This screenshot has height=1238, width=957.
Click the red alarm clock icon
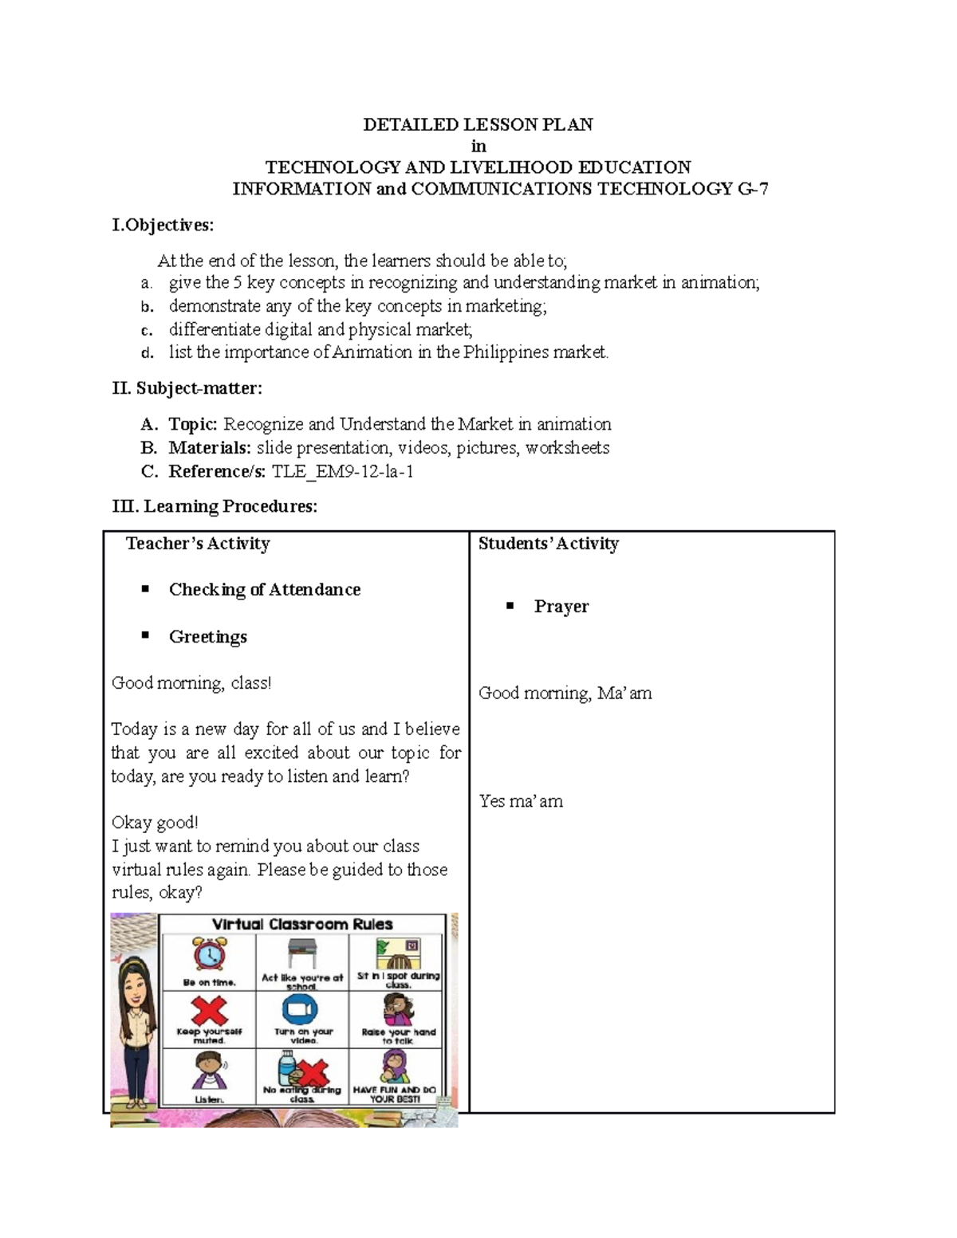tap(209, 955)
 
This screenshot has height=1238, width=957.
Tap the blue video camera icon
tap(301, 1010)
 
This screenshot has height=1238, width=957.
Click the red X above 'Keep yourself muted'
tap(209, 1010)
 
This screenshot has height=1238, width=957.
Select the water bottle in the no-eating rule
tap(286, 1068)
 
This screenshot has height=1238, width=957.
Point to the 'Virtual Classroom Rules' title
tap(302, 924)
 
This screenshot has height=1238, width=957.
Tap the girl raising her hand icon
tap(397, 1010)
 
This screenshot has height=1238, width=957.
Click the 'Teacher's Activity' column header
tap(198, 544)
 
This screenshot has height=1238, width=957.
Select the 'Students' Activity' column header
tap(548, 544)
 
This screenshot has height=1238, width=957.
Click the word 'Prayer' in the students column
tap(561, 607)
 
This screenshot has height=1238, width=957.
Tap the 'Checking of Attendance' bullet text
tap(264, 590)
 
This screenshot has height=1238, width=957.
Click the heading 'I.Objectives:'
tap(163, 226)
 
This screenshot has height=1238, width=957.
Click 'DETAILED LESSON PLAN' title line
tap(478, 124)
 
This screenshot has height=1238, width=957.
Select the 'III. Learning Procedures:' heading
tap(215, 507)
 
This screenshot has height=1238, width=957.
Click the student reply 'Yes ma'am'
tap(521, 801)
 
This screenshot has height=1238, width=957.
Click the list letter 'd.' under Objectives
tap(146, 353)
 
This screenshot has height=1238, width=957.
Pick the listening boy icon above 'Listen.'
tap(209, 1070)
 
